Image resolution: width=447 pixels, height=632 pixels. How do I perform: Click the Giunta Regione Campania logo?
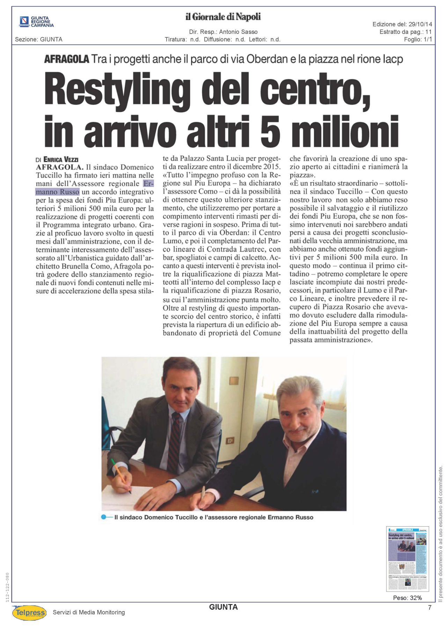(36, 22)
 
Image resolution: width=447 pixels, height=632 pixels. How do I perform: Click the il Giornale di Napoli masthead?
(223, 17)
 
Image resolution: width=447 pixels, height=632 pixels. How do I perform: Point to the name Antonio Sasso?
(238, 32)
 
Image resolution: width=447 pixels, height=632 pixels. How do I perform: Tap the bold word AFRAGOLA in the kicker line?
(66, 59)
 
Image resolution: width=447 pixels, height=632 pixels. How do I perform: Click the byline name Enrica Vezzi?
(61, 159)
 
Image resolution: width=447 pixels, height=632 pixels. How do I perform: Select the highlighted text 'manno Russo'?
(58, 192)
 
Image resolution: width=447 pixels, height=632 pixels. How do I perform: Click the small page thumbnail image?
(407, 558)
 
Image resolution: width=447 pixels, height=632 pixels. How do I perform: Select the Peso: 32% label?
(407, 598)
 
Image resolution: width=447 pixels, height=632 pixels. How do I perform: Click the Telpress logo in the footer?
(29, 613)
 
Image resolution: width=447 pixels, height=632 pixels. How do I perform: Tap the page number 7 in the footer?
(430, 608)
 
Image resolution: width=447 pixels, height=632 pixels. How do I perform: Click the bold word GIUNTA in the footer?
(223, 607)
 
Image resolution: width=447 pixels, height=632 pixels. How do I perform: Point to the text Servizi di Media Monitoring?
(89, 612)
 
